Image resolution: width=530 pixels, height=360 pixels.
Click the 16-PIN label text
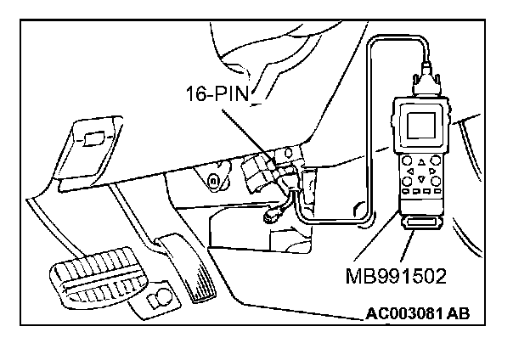click(x=217, y=93)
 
